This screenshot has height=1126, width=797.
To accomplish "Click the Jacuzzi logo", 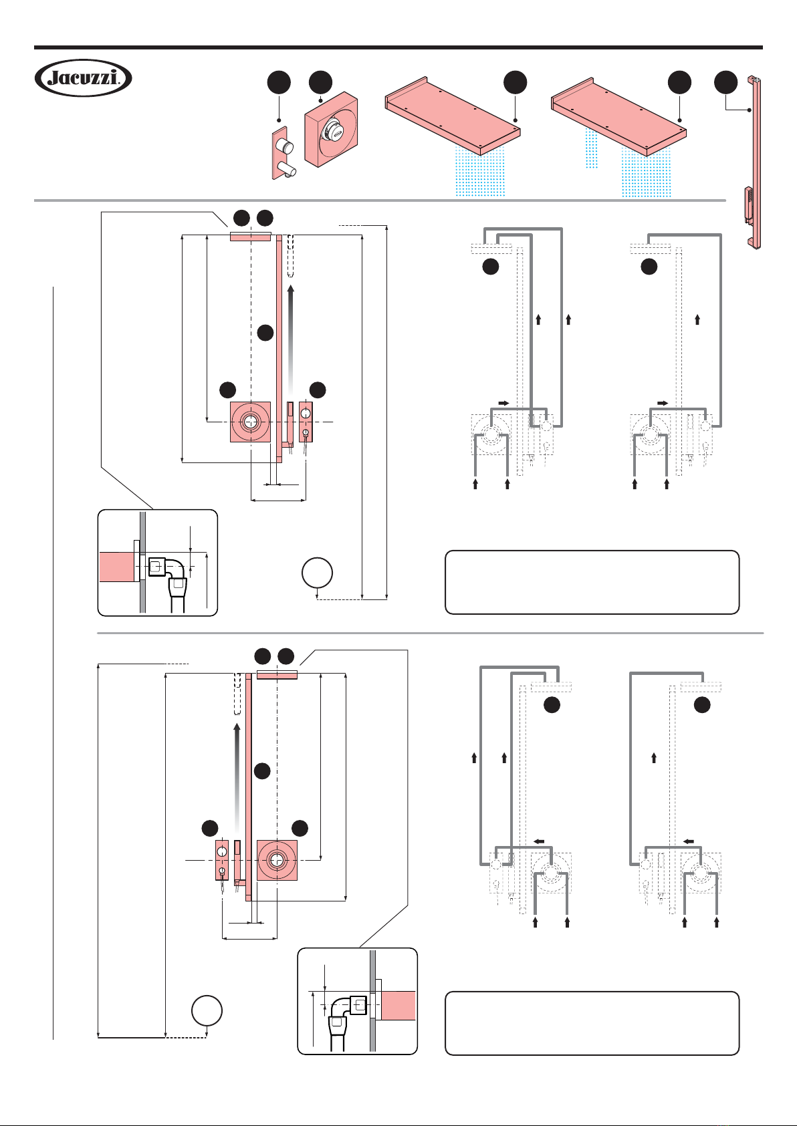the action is [x=83, y=78].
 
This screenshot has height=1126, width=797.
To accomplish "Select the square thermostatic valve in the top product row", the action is [x=331, y=130].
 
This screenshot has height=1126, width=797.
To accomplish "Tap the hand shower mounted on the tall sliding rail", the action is [x=748, y=205].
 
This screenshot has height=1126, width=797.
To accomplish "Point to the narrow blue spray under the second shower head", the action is [x=591, y=148].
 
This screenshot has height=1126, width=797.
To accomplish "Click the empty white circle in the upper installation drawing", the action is [x=318, y=573].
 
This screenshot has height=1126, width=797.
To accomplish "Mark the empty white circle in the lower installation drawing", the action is [x=207, y=1010].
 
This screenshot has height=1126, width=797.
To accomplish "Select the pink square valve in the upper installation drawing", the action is [x=251, y=422].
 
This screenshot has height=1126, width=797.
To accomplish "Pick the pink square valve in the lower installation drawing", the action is [x=277, y=860].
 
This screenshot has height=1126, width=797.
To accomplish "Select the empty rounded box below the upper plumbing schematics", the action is [x=592, y=582].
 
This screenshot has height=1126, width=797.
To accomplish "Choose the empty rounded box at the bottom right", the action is [x=592, y=1023].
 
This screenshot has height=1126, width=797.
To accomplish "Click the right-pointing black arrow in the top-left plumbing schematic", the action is [x=503, y=403].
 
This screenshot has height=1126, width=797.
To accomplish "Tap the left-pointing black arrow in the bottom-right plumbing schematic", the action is [x=689, y=841].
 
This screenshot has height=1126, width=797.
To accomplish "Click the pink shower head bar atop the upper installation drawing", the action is [x=251, y=237].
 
